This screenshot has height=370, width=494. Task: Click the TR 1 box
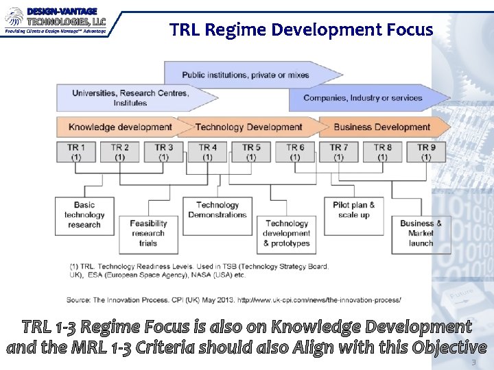pyautogui.click(x=76, y=151)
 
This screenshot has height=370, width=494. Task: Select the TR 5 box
pyautogui.click(x=251, y=151)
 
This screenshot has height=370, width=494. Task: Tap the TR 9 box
pyautogui.click(x=426, y=151)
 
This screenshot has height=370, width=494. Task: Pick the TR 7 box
pyautogui.click(x=339, y=151)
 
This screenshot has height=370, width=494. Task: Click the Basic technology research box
pyautogui.click(x=84, y=215)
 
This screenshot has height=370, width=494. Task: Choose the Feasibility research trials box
pyautogui.click(x=148, y=233)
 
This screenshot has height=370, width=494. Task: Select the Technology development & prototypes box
pyautogui.click(x=287, y=233)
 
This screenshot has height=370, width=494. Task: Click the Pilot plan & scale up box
pyautogui.click(x=354, y=210)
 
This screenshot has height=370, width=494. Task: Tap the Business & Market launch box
pyautogui.click(x=421, y=233)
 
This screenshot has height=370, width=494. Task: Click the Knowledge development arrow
pyautogui.click(x=121, y=127)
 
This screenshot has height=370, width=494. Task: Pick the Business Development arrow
pyautogui.click(x=382, y=127)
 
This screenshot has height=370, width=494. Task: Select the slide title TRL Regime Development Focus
pyautogui.click(x=301, y=30)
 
